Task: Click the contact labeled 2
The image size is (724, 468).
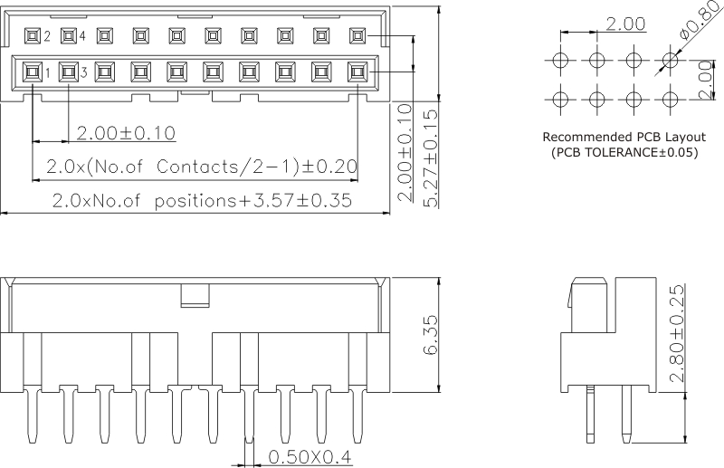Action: tap(33, 37)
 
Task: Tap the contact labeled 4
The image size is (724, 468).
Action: tap(68, 37)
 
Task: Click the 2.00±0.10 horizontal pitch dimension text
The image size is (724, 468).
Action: tap(126, 134)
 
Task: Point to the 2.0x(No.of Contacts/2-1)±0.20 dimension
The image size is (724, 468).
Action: tap(201, 167)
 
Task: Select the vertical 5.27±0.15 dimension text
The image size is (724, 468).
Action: tap(432, 158)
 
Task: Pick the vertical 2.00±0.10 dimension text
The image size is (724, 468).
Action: tap(405, 153)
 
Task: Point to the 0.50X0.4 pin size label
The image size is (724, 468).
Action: tap(309, 457)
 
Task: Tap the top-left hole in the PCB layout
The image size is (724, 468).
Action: tap(560, 62)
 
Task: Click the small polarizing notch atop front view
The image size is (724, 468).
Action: tap(195, 295)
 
